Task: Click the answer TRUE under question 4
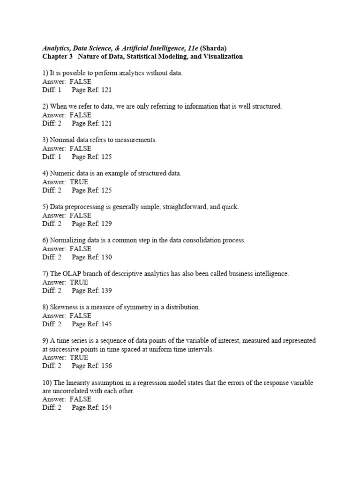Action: point(79,182)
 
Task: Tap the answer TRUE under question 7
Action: point(79,282)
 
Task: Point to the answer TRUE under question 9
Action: point(79,357)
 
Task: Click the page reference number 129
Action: point(106,224)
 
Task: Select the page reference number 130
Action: point(106,257)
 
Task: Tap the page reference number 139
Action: point(106,291)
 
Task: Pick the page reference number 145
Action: point(106,324)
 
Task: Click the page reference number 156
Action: point(106,366)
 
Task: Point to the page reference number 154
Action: point(106,407)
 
